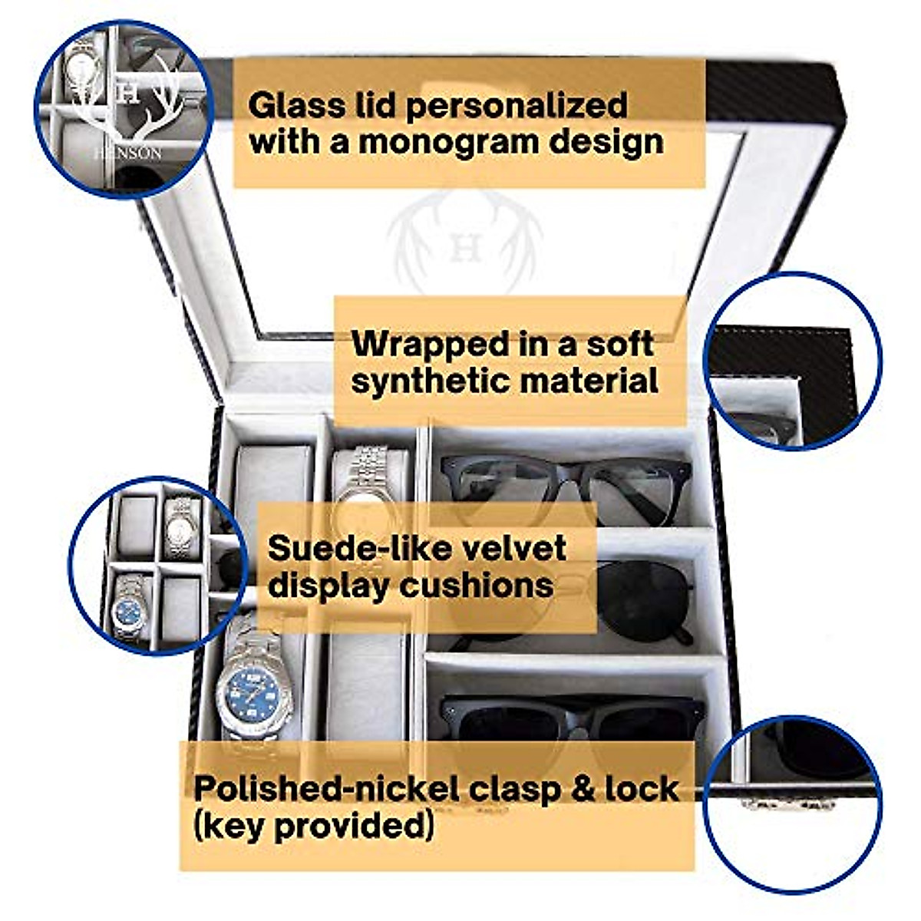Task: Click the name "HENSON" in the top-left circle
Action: [127, 153]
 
